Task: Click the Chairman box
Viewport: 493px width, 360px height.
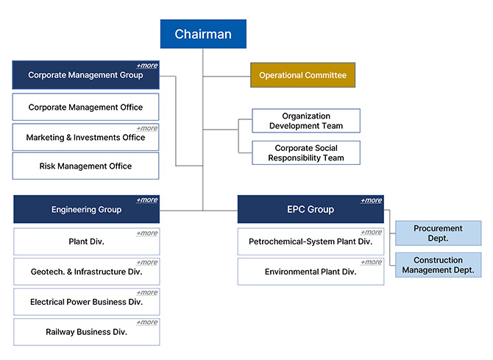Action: [x=203, y=34]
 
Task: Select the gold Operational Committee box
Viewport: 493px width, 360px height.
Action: [x=302, y=75]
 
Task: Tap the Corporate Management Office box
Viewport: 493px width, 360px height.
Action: [x=85, y=107]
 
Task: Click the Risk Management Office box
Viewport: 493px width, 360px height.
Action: [x=85, y=166]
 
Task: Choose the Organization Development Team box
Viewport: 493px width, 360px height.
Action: [x=306, y=121]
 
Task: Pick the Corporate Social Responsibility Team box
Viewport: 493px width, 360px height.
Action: [x=306, y=153]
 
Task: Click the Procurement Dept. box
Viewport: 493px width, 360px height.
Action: [x=438, y=233]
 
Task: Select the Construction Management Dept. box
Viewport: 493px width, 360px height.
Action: [x=438, y=265]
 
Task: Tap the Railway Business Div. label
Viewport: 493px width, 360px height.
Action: [x=87, y=332]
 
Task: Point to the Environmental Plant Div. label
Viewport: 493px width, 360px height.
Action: [x=311, y=272]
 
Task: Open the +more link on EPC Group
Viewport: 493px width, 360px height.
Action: [x=372, y=200]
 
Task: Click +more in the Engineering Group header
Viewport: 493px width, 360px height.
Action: [x=147, y=200]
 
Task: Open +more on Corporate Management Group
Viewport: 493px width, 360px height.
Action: [x=147, y=66]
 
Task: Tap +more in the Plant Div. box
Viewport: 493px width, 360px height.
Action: [x=147, y=233]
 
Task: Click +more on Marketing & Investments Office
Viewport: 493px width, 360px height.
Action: [x=147, y=128]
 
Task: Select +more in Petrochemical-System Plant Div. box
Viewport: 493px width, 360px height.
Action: [x=372, y=232]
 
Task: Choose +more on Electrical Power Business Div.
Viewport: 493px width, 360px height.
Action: [x=147, y=293]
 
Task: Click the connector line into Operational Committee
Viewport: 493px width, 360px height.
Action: [x=227, y=76]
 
